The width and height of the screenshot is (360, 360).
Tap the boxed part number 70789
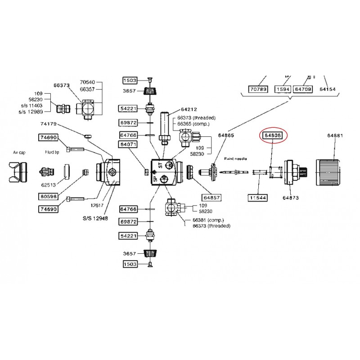click(x=258, y=90)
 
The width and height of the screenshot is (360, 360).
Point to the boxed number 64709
click(x=303, y=90)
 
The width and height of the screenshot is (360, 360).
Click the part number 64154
click(x=328, y=90)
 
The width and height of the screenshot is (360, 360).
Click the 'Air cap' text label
click(x=19, y=153)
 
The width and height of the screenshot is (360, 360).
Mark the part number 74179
click(x=49, y=123)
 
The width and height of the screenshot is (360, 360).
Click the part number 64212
click(x=189, y=109)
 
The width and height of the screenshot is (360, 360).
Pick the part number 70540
click(x=88, y=83)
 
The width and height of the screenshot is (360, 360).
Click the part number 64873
click(x=291, y=197)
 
